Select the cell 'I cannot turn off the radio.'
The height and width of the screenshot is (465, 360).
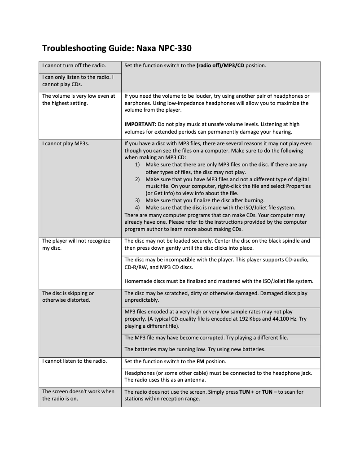tap(74, 66)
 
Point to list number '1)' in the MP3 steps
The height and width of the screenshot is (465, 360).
tap(138, 165)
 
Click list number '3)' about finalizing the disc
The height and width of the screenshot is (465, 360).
tap(138, 200)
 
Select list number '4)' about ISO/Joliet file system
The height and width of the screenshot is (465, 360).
tap(138, 208)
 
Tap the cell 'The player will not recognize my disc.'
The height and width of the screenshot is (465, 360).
tap(76, 244)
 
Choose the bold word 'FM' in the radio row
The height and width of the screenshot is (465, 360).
tap(200, 361)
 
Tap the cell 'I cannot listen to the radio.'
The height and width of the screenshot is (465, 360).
tap(75, 361)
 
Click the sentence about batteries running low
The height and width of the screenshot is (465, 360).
tap(195, 349)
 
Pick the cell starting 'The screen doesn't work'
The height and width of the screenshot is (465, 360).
tap(79, 395)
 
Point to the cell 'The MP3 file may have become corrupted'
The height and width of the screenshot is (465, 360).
tap(206, 338)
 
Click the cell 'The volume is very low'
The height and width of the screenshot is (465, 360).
tap(79, 100)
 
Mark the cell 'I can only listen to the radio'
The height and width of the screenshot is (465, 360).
tap(79, 81)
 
